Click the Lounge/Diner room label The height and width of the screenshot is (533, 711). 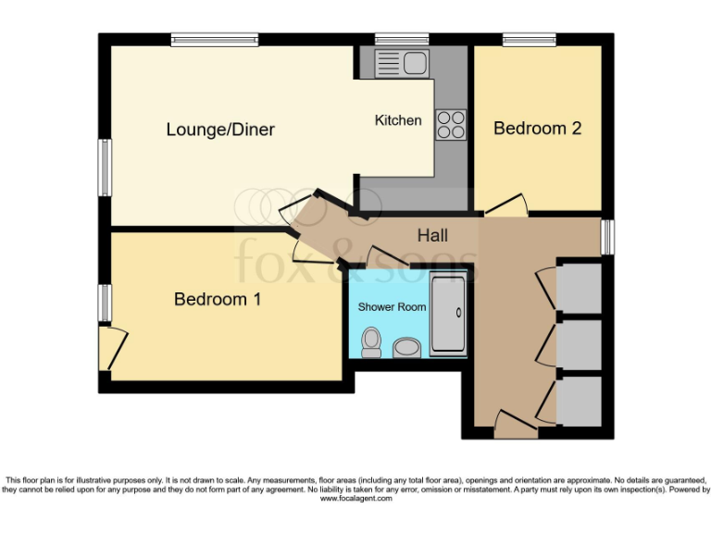click(x=220, y=130)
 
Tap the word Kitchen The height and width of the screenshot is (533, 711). click(x=398, y=120)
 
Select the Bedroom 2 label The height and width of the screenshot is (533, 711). click(x=537, y=129)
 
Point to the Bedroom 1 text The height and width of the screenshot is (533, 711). click(x=218, y=299)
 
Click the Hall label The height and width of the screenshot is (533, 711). click(x=433, y=237)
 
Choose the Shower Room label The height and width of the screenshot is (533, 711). click(x=393, y=306)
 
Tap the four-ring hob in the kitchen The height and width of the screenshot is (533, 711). click(x=451, y=124)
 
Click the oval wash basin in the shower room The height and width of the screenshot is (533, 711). click(x=405, y=348)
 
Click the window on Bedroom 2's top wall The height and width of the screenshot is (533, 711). click(x=530, y=40)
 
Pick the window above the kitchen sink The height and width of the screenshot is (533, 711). click(x=402, y=40)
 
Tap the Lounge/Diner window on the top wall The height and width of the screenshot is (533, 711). click(x=214, y=40)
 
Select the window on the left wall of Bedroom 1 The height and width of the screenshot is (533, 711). click(x=106, y=303)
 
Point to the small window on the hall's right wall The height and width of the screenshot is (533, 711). click(x=606, y=236)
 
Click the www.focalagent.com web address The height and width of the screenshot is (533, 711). click(x=356, y=499)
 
